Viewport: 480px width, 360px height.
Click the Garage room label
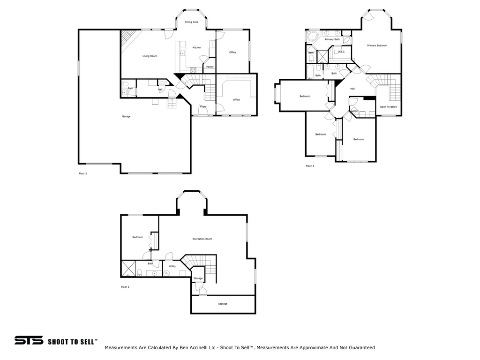pyautogui.click(x=126, y=116)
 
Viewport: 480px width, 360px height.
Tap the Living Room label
pyautogui.click(x=150, y=56)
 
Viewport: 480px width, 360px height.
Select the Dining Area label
pyautogui.click(x=191, y=22)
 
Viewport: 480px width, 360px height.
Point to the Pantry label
pyautogui.click(x=210, y=67)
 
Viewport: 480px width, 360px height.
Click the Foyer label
pyautogui.click(x=203, y=107)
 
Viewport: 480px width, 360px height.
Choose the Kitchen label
pyautogui.click(x=197, y=48)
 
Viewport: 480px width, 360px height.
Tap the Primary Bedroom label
pyautogui.click(x=377, y=45)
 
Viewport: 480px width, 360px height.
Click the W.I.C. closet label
pyautogui.click(x=341, y=52)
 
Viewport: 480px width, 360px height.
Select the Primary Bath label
pyautogui.click(x=332, y=39)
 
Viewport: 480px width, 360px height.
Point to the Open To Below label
pyautogui.click(x=389, y=107)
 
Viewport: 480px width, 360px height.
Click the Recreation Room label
pyautogui.click(x=202, y=239)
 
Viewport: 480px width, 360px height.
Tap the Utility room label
pyautogui.click(x=172, y=266)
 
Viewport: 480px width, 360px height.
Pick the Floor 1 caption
pyautogui.click(x=125, y=287)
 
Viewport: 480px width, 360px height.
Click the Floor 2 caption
pyautogui.click(x=82, y=173)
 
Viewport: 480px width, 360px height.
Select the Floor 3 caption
pyautogui.click(x=310, y=166)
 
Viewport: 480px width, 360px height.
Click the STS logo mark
pyautogui.click(x=29, y=341)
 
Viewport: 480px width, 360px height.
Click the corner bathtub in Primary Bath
pyautogui.click(x=312, y=36)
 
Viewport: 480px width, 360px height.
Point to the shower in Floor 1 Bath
pyautogui.click(x=128, y=270)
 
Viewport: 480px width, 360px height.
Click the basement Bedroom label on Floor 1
pyautogui.click(x=137, y=237)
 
